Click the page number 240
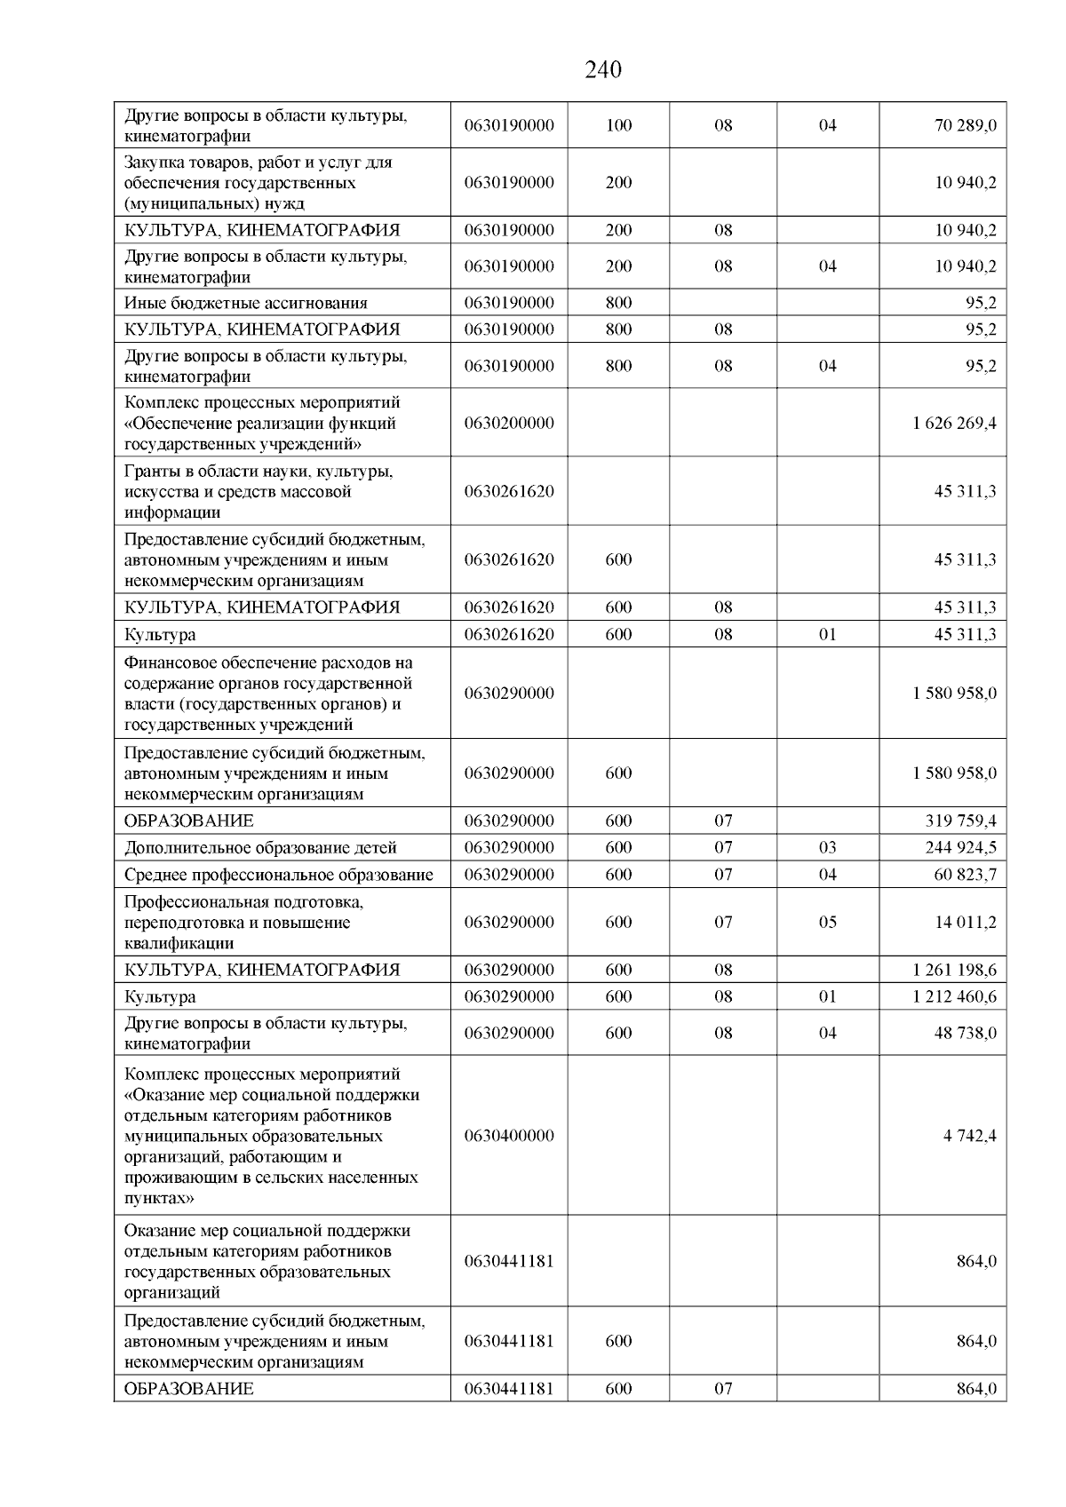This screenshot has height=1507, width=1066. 603,70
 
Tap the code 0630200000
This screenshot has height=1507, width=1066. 508,423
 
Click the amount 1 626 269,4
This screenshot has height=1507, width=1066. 953,423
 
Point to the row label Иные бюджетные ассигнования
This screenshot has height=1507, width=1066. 245,303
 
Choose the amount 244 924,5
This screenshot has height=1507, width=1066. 960,847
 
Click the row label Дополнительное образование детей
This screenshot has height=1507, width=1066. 260,847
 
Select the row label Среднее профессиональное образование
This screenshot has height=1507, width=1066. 278,875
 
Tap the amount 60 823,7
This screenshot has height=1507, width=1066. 965,875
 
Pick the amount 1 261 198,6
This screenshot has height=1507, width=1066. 953,970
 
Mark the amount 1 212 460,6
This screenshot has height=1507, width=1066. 953,996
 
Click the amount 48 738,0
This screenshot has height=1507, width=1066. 965,1033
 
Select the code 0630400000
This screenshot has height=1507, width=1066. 508,1135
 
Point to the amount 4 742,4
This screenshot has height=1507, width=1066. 969,1135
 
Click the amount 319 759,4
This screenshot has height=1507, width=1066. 960,821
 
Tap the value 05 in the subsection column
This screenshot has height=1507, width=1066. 827,922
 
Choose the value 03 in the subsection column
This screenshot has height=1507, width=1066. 827,847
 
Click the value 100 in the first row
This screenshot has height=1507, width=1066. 618,125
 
